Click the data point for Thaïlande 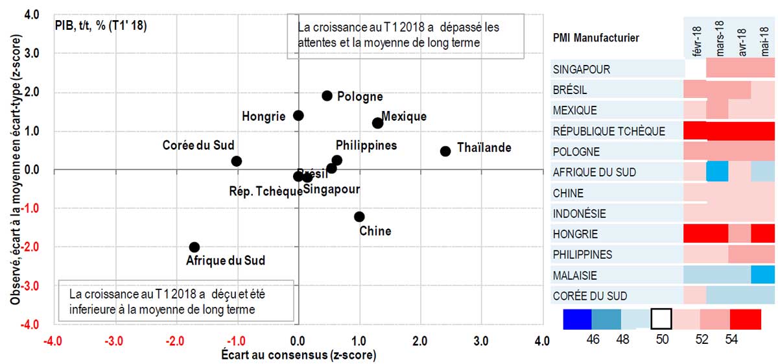pyautogui.click(x=445, y=151)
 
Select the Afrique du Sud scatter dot pyautogui.click(x=194, y=247)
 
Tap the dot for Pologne pyautogui.click(x=327, y=96)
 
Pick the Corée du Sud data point pyautogui.click(x=237, y=161)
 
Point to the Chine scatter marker pyautogui.click(x=359, y=217)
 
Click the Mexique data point pyautogui.click(x=377, y=123)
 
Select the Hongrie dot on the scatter pyautogui.click(x=298, y=115)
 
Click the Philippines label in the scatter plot pyautogui.click(x=366, y=145)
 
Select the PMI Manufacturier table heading pyautogui.click(x=595, y=38)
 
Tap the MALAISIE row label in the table pyautogui.click(x=575, y=276)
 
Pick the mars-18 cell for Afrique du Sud pyautogui.click(x=717, y=172)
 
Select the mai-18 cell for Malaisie pyautogui.click(x=762, y=276)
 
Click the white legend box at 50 pyautogui.click(x=661, y=319)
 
